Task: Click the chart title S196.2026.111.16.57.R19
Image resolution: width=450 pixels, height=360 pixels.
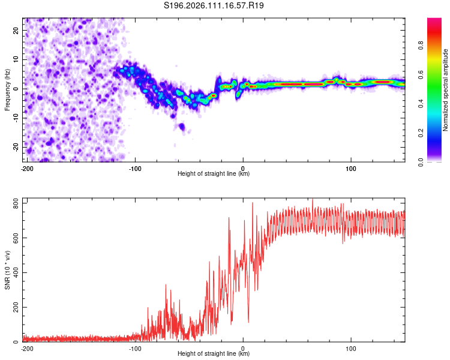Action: [214, 6]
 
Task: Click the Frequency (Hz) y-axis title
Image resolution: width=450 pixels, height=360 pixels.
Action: [7, 89]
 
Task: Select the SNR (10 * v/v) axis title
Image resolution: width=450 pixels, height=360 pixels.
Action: [7, 271]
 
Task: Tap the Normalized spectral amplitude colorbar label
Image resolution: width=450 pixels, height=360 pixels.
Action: [446, 90]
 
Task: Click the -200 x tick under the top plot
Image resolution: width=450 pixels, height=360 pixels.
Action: [26, 168]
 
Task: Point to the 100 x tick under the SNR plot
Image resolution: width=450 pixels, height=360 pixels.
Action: [351, 347]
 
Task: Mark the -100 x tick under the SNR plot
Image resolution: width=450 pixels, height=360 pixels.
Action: [134, 347]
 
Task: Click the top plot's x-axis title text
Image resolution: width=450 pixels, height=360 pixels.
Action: [214, 174]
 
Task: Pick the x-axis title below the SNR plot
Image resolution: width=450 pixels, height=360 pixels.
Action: [214, 353]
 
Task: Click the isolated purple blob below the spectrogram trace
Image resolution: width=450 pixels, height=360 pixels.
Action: [181, 127]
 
